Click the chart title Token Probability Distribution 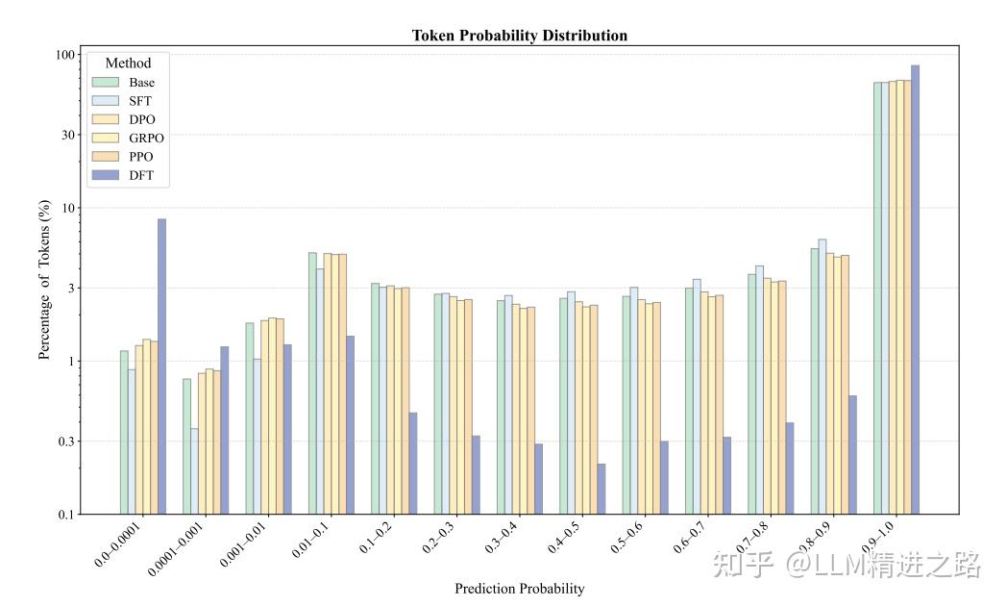tap(519, 36)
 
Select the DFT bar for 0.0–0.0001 tap(161, 366)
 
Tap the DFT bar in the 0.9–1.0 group tap(915, 290)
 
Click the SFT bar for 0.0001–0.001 tap(194, 471)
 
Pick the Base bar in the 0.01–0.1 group tap(312, 383)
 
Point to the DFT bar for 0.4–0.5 tap(602, 489)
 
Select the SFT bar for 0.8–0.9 tap(823, 376)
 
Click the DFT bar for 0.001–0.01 tap(287, 429)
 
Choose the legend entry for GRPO tap(129, 139)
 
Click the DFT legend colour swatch tap(106, 175)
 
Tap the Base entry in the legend tap(124, 83)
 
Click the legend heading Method tap(129, 63)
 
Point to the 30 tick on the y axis tap(68, 135)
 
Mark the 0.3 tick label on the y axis tap(67, 442)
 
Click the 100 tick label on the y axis tap(65, 55)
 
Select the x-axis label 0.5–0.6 tap(626, 538)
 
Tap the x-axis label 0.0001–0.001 tap(175, 548)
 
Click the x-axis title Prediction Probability tap(520, 589)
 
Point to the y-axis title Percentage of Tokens tap(43, 280)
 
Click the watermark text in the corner tap(847, 565)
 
